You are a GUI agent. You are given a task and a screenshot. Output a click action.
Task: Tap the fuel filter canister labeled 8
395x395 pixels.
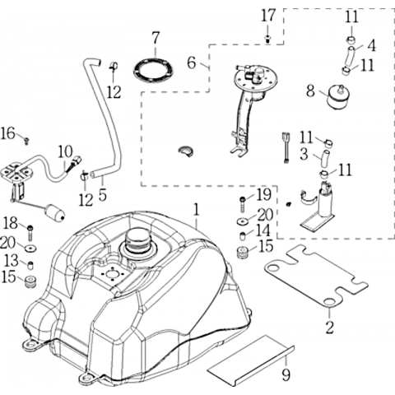(339, 97)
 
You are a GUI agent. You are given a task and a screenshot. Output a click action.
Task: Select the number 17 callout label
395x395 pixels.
(267, 16)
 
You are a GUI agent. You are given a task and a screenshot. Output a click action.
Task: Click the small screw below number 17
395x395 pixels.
(267, 39)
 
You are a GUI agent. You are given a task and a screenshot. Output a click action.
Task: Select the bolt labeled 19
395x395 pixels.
(243, 204)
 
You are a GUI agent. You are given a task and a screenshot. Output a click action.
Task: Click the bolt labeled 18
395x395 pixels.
(30, 232)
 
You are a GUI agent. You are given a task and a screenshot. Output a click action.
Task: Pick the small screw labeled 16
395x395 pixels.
(27, 141)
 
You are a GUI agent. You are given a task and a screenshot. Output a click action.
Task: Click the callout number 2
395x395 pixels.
(329, 327)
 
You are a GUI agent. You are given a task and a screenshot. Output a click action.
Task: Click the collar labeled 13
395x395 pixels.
(30, 265)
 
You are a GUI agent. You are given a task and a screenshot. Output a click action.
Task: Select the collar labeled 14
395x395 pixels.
(243, 235)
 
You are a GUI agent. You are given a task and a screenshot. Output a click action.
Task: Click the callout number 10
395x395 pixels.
(65, 152)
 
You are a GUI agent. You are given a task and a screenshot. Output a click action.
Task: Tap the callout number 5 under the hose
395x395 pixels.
(102, 194)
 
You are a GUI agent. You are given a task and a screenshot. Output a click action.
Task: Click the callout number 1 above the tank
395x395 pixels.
(196, 210)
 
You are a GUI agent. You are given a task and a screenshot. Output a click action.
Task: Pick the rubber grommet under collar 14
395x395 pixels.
(243, 253)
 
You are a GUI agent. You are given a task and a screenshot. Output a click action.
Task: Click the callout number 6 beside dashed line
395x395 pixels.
(192, 63)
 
